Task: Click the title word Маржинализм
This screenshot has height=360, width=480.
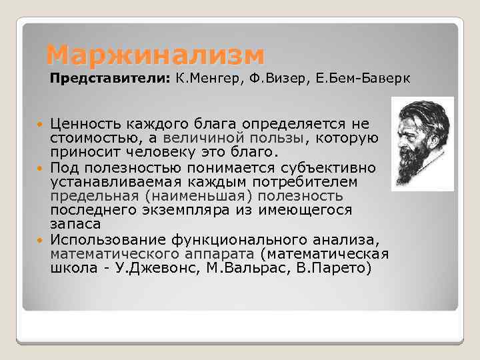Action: pyautogui.click(x=155, y=53)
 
